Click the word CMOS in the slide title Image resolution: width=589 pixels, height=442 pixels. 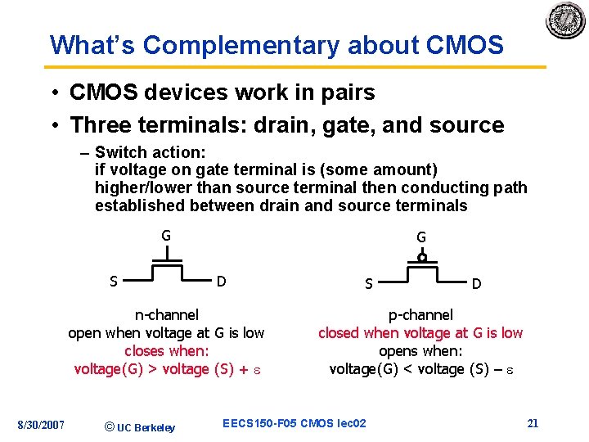(x=465, y=45)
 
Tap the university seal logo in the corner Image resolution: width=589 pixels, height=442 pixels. (x=566, y=20)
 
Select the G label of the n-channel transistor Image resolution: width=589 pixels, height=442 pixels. (x=166, y=236)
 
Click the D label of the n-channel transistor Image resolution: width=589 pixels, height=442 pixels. (x=221, y=282)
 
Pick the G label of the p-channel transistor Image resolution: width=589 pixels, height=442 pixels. (x=421, y=237)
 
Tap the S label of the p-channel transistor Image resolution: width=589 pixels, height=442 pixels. (x=369, y=284)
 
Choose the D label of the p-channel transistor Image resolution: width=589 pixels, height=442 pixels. (x=476, y=284)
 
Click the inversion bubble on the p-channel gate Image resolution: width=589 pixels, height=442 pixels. (x=422, y=257)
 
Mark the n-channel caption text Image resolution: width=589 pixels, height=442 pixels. (x=166, y=314)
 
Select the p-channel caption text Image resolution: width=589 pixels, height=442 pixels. (x=420, y=315)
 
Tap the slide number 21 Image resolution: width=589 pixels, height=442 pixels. (x=533, y=423)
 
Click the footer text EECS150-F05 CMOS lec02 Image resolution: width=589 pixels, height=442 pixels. (x=294, y=423)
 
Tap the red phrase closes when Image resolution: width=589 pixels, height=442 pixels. (x=166, y=351)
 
